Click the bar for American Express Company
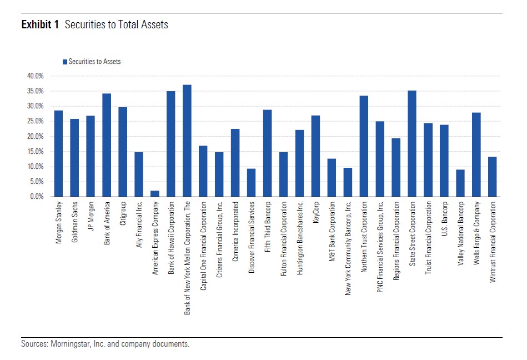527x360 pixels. click(x=155, y=194)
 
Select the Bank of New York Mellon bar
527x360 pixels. click(x=187, y=141)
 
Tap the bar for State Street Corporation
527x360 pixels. click(x=412, y=144)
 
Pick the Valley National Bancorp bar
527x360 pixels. click(x=460, y=183)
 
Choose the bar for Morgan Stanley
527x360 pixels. click(x=58, y=154)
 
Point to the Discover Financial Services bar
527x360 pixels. click(x=252, y=183)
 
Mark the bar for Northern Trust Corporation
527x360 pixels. click(x=364, y=146)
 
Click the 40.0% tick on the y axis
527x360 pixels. click(x=35, y=76)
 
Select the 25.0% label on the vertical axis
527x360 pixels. click(x=35, y=121)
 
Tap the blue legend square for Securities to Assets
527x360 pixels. click(x=64, y=62)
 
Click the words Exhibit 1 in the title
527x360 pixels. click(x=40, y=25)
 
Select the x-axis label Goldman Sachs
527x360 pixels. click(x=74, y=221)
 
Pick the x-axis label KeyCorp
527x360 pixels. click(x=316, y=214)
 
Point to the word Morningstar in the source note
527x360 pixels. click(x=71, y=344)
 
